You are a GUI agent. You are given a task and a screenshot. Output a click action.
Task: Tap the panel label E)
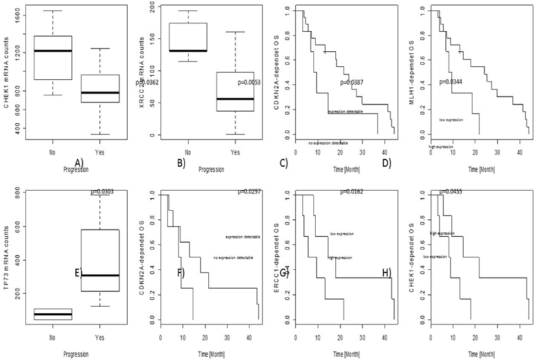79,272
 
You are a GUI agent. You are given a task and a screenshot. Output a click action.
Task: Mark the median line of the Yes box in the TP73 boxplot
100,276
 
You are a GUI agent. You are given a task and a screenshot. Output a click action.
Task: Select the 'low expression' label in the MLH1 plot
451,120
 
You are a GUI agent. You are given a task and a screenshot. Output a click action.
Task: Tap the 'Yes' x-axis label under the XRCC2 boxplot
235,152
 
